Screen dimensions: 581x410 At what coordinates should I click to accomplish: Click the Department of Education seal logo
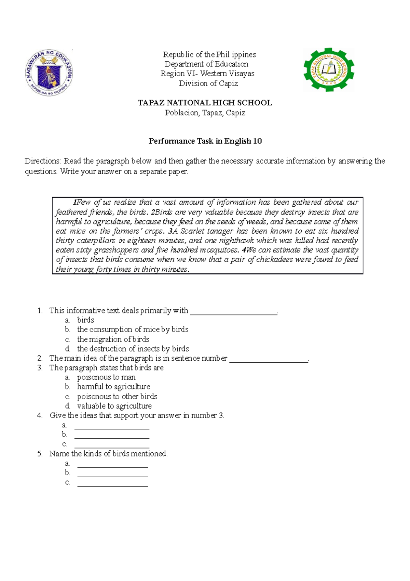click(x=49, y=73)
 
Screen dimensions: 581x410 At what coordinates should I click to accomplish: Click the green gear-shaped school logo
click(x=329, y=70)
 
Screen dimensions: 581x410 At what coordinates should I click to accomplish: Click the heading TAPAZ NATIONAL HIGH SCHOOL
click(x=205, y=103)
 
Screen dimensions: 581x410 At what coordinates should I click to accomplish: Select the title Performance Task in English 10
click(x=205, y=141)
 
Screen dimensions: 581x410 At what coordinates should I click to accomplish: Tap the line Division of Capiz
click(x=208, y=83)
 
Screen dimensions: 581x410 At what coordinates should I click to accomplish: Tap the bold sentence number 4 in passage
click(x=244, y=250)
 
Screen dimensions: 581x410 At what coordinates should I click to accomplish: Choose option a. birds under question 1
click(x=85, y=320)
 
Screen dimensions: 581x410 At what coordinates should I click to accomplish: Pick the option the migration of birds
click(x=113, y=339)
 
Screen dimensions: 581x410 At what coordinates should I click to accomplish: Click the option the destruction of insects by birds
click(x=133, y=349)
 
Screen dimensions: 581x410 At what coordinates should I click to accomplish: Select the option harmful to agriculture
click(x=113, y=387)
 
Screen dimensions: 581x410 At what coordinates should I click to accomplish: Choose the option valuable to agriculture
click(x=114, y=406)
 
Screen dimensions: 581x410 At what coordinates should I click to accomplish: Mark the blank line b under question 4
click(x=112, y=437)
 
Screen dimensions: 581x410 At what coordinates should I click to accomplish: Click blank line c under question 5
click(x=112, y=485)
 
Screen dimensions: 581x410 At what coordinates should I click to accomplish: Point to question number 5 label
click(x=40, y=454)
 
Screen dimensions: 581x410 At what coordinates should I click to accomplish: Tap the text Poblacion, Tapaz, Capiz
click(x=205, y=113)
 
